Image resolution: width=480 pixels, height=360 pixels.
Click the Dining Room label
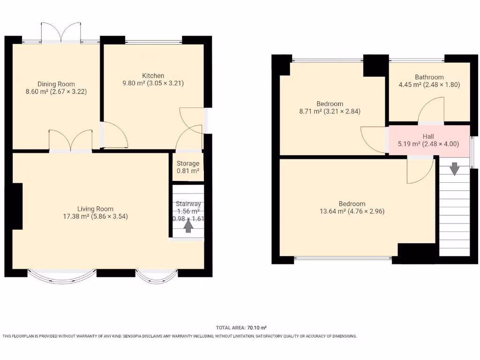click(x=56, y=84)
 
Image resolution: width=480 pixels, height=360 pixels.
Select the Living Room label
click(x=95, y=209)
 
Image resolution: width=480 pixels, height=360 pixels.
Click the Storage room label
click(x=188, y=164)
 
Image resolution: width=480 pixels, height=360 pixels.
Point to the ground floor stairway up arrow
click(x=188, y=226)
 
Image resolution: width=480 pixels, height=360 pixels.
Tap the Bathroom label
click(x=429, y=77)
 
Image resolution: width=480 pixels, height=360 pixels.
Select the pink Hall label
click(x=428, y=136)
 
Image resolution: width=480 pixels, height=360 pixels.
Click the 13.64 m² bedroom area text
click(x=330, y=211)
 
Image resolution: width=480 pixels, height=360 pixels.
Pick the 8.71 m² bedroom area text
click(x=308, y=112)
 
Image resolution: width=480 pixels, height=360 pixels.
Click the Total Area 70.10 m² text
click(x=241, y=328)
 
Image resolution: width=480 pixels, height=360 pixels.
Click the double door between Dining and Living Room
click(x=70, y=141)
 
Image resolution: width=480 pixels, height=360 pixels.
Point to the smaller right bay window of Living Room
click(x=157, y=277)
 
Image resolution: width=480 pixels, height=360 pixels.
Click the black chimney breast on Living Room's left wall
click(x=17, y=206)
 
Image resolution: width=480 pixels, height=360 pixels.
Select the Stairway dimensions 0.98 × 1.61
click(x=188, y=219)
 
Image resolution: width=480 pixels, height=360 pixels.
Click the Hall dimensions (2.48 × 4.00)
click(x=441, y=144)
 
